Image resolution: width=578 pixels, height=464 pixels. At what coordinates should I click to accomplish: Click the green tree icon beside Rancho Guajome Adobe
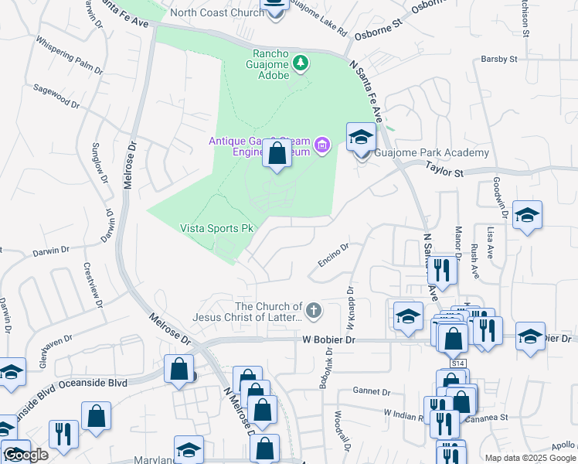301,63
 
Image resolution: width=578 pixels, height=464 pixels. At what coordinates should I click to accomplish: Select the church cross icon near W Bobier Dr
313,311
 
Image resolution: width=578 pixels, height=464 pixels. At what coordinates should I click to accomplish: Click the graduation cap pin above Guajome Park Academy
360,138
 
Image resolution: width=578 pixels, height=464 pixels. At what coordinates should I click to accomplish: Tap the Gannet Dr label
368,391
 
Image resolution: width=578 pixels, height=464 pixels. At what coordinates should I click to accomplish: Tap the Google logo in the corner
25,455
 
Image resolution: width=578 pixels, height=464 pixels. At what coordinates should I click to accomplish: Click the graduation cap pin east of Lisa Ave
527,216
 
